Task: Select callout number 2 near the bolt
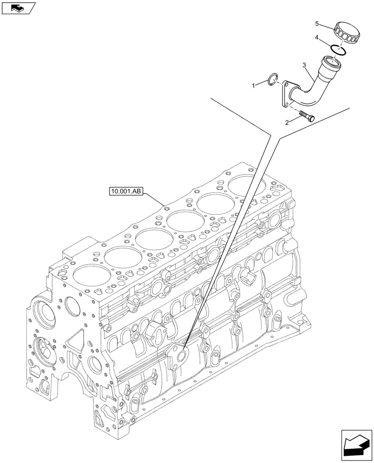click(x=287, y=122)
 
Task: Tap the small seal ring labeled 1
click(x=274, y=80)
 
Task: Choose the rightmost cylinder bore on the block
click(x=247, y=186)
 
